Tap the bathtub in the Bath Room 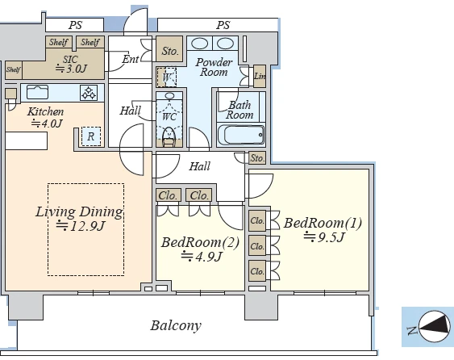click(x=241, y=135)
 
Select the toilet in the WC click(x=169, y=136)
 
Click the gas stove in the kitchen click(x=89, y=93)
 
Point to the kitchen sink click(x=37, y=92)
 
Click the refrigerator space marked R click(x=91, y=136)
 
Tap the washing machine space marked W click(x=166, y=77)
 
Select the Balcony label click(x=176, y=325)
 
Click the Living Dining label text click(x=79, y=211)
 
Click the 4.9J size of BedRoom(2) click(x=202, y=257)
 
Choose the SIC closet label click(x=70, y=59)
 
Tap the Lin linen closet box click(x=260, y=76)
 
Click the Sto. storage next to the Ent click(x=169, y=48)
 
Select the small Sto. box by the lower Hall click(x=257, y=158)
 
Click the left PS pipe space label click(x=75, y=25)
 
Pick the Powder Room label click(x=214, y=67)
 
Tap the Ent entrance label click(x=131, y=59)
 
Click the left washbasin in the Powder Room click(x=199, y=44)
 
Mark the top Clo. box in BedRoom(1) click(x=257, y=221)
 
